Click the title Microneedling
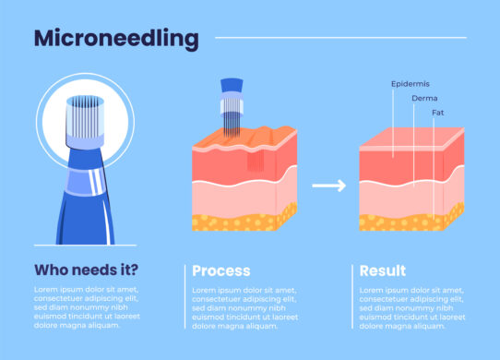115,39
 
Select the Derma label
425,97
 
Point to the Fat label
438,113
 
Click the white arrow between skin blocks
327,186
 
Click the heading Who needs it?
87,270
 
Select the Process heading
220,270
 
